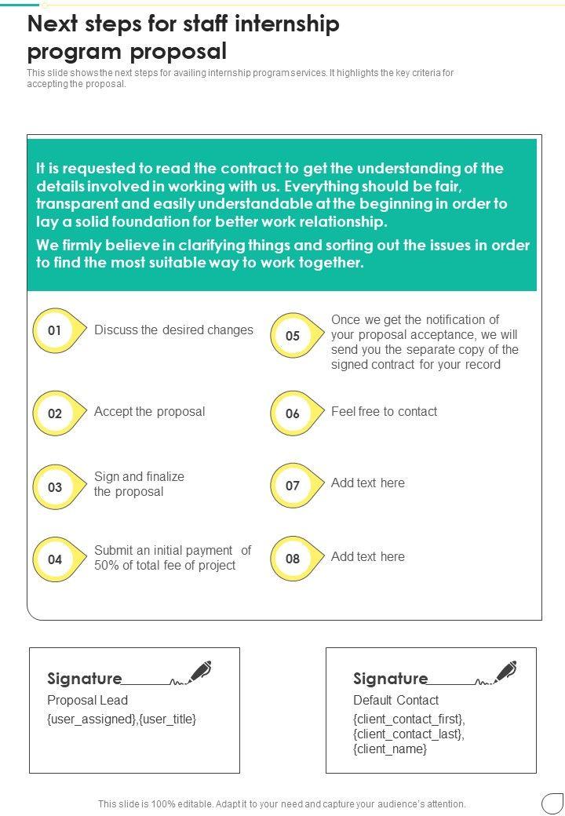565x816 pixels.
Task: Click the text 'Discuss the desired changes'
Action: tap(173, 330)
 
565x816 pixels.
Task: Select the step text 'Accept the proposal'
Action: tap(149, 411)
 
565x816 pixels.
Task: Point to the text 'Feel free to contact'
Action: tap(384, 411)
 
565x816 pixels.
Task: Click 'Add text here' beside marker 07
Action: tap(368, 483)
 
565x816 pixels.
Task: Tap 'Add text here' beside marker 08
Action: tap(368, 556)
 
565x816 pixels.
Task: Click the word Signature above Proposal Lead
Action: tap(84, 679)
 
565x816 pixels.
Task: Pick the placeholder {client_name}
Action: tap(390, 749)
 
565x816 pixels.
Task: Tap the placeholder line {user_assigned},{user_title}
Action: tap(122, 719)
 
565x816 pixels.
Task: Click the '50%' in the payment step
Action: tap(108, 565)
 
